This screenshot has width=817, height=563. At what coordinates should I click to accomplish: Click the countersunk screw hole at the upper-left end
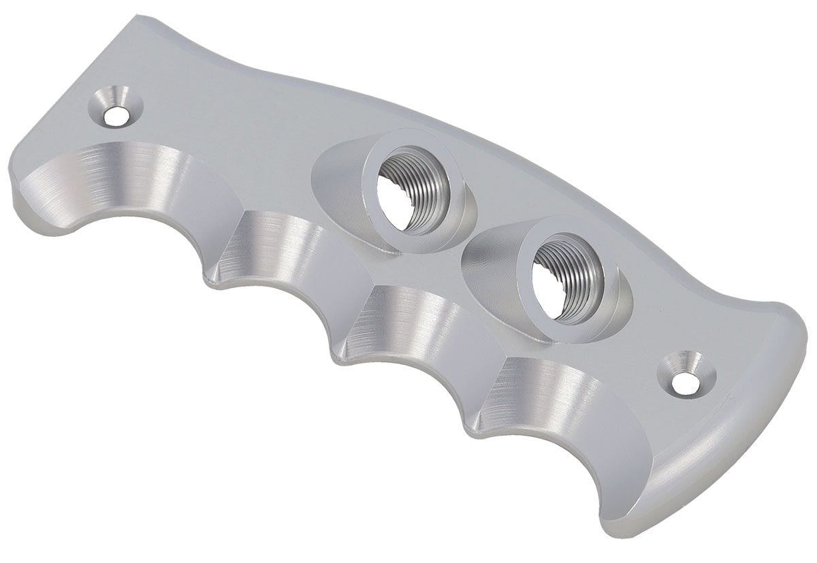116,114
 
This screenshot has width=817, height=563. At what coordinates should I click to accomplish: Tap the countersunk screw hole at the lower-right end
684,383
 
